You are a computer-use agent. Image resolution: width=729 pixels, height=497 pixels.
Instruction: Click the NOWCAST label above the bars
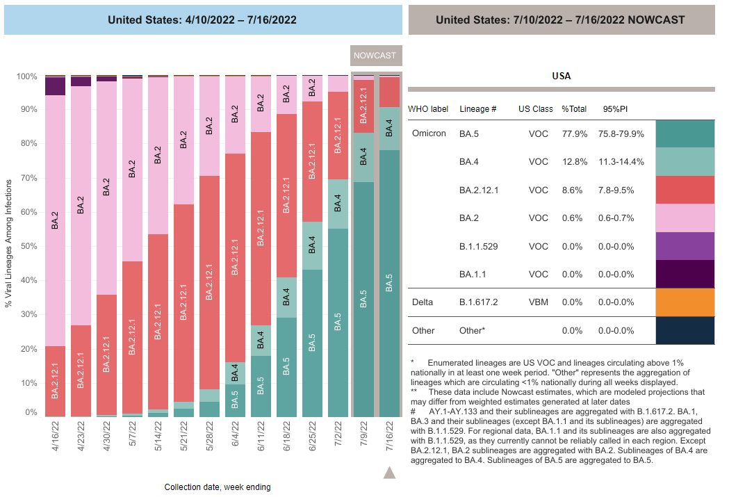pos(375,56)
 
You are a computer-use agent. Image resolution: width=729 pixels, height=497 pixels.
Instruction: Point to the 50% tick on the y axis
pos(28,247)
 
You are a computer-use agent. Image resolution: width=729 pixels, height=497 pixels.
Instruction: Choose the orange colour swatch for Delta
pos(685,302)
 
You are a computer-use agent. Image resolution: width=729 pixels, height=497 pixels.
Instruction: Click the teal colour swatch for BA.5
pos(685,133)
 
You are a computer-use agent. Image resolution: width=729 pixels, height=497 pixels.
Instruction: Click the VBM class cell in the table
pos(534,302)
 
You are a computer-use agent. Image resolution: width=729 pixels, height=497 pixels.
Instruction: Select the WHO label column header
pos(428,109)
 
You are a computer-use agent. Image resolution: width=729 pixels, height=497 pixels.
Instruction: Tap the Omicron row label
pos(429,133)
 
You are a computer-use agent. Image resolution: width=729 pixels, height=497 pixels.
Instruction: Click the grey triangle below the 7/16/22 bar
pos(389,473)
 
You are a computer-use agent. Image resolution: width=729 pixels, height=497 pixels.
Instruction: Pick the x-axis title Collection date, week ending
pos(218,487)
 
